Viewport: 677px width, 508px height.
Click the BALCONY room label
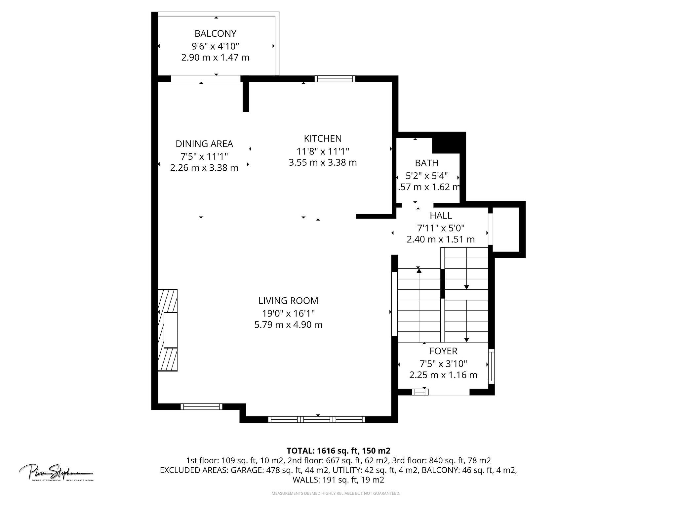tap(215, 33)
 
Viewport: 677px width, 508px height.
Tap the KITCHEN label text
tap(323, 138)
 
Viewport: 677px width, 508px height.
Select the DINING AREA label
tap(204, 144)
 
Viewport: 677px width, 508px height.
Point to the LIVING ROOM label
tap(288, 301)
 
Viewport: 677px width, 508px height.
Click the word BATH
tap(426, 163)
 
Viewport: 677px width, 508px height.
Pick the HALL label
tap(441, 216)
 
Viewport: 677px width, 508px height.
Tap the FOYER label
tap(443, 351)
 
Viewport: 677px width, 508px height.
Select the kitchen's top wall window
tap(335, 79)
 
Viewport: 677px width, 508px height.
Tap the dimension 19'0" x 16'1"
tap(288, 313)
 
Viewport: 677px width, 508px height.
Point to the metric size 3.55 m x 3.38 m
tap(323, 163)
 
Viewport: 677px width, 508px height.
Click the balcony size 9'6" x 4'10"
tap(215, 46)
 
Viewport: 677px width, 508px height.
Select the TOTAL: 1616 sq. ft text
tap(338, 451)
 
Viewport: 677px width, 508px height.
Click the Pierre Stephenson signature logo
tap(56, 473)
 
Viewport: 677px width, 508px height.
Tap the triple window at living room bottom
tap(316, 419)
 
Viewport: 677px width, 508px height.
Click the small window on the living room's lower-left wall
tap(201, 406)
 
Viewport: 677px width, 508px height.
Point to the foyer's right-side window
tap(491, 366)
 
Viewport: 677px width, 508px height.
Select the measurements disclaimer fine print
tap(336, 493)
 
